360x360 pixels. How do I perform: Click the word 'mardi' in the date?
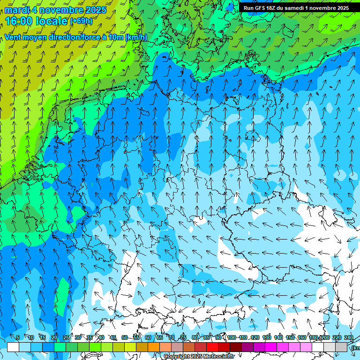[x=17, y=10]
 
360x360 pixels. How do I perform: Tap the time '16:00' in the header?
[x=19, y=21]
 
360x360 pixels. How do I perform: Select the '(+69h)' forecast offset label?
[x=81, y=21]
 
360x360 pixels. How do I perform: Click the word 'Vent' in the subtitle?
[x=14, y=37]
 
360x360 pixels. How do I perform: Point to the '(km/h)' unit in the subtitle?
[x=136, y=37]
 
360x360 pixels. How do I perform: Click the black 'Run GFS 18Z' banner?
[x=296, y=8]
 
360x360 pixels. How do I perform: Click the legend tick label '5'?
[x=18, y=337]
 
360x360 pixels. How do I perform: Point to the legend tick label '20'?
[x=54, y=337]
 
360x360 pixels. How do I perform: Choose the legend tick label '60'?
[x=148, y=337]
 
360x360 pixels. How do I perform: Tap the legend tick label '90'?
[x=218, y=337]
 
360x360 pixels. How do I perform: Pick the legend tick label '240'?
[x=349, y=337]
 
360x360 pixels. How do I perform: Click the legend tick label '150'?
[x=290, y=337]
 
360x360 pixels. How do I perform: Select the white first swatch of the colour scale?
[x=13, y=347]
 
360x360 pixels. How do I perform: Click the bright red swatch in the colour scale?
[x=212, y=347]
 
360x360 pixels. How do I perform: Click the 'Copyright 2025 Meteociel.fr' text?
[x=199, y=357]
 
